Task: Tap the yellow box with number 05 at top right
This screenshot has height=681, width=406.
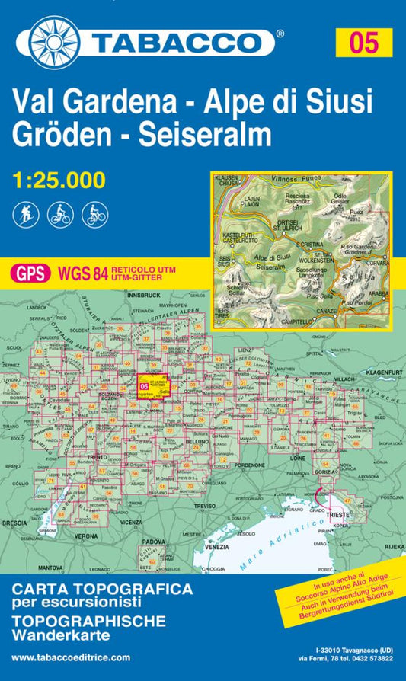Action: pyautogui.click(x=364, y=41)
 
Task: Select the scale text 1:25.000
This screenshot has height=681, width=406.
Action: pyautogui.click(x=59, y=181)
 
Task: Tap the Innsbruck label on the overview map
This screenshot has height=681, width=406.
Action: pyautogui.click(x=143, y=293)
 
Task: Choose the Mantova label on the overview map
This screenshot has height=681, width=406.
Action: pyautogui.click(x=51, y=567)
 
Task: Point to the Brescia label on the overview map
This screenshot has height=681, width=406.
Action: pyautogui.click(x=14, y=523)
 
